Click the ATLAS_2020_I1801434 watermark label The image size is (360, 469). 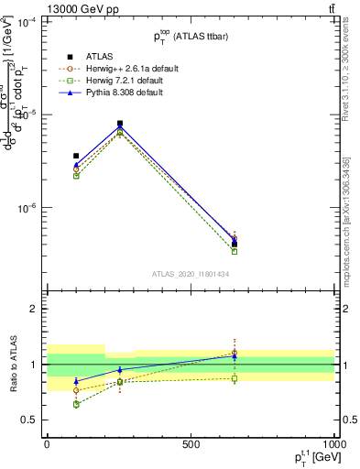190,274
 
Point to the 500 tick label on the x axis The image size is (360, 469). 191,443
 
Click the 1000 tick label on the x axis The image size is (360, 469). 332,443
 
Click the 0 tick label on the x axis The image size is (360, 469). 47,443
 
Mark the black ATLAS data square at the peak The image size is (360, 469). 120,124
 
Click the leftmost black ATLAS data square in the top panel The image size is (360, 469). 76,156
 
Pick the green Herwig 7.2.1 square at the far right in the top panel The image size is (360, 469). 235,251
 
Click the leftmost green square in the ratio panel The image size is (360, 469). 76,404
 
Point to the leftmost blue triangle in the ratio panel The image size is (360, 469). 76,381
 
